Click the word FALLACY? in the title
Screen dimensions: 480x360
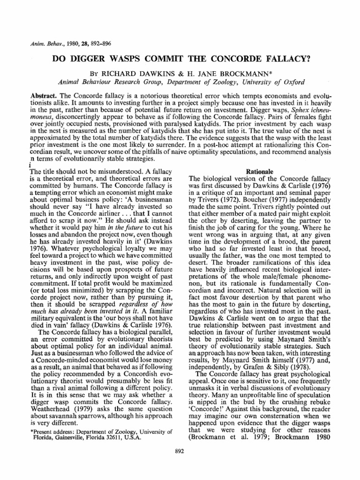pos(281,61)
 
